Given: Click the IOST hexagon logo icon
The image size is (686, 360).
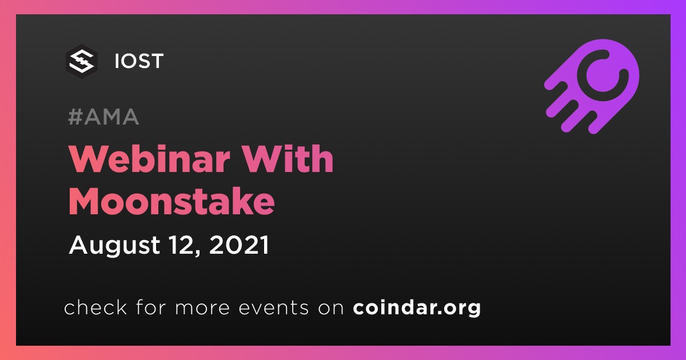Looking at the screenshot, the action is (x=82, y=61).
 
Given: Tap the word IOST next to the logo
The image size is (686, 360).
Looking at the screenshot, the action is (x=139, y=61).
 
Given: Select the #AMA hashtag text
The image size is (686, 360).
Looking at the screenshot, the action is (x=103, y=117).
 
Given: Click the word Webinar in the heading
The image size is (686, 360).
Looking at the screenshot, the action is (x=149, y=159).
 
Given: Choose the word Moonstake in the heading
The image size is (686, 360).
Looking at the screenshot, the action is (x=171, y=202).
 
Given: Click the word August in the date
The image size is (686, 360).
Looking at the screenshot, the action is (x=115, y=246).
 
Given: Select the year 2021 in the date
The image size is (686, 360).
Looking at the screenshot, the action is (x=239, y=245).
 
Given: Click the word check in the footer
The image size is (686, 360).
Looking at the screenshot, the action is (x=95, y=307).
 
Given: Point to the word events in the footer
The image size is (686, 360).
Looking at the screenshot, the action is (x=274, y=307).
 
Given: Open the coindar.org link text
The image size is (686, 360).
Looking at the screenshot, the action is (x=417, y=307).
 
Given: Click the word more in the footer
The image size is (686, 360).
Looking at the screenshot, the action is (x=202, y=308).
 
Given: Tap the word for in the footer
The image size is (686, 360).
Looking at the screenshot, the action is (x=151, y=307).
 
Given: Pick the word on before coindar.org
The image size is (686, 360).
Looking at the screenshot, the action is (x=331, y=308).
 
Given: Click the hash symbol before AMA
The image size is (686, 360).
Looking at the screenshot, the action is (x=75, y=117).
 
